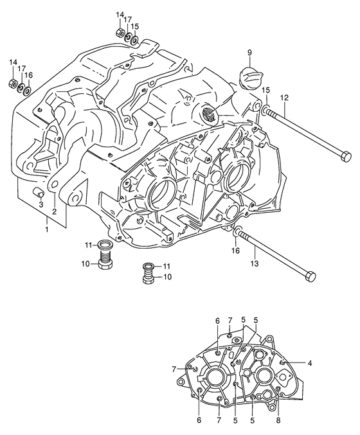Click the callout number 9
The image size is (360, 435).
click(249, 53)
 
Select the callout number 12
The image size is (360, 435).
click(284, 98)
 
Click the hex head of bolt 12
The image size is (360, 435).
click(346, 157)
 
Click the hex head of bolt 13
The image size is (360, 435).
click(310, 276)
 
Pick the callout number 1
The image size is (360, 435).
click(47, 229)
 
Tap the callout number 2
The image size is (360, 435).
click(54, 211)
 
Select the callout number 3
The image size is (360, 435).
click(40, 205)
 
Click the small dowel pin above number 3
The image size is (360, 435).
click(39, 191)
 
